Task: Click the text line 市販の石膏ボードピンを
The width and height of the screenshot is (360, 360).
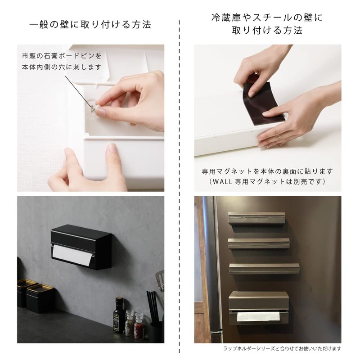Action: (62, 56)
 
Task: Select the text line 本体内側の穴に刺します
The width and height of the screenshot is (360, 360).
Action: (62, 67)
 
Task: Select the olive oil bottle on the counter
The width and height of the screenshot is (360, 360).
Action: (119, 315)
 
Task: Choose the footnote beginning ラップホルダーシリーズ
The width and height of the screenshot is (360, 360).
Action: (282, 348)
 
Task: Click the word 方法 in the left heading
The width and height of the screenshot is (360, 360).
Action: (139, 24)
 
